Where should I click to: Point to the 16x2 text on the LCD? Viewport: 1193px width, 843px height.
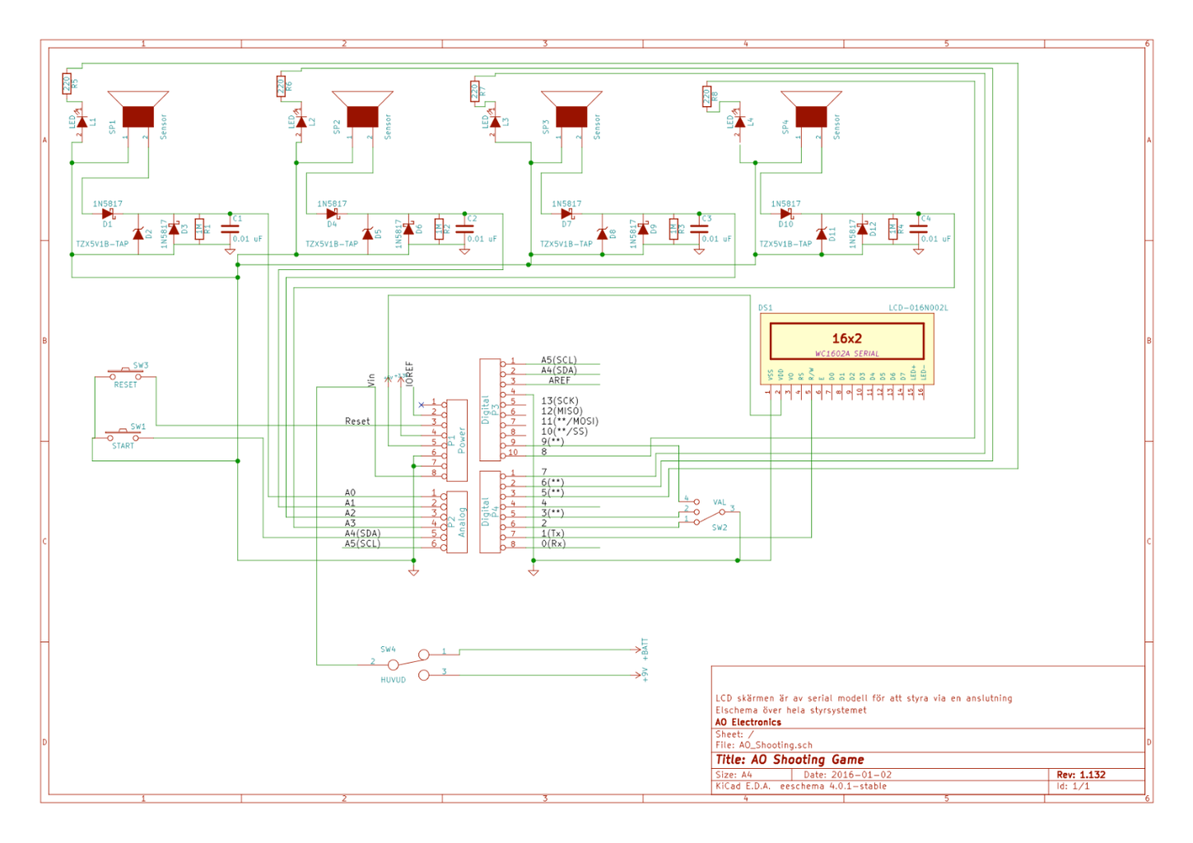tap(846, 338)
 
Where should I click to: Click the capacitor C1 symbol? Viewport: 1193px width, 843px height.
tap(231, 230)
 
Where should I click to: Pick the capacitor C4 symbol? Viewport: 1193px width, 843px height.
tap(918, 230)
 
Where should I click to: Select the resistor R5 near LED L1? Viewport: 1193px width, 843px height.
tap(67, 83)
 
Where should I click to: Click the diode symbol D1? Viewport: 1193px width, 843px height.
tap(108, 214)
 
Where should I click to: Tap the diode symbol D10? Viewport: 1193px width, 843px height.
tap(786, 214)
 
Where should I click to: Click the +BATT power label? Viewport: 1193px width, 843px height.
tap(645, 648)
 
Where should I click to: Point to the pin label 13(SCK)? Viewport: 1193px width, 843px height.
tap(560, 401)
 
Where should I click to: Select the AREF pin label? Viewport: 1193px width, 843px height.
tap(560, 380)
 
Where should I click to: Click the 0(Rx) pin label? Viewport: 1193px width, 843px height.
tap(553, 543)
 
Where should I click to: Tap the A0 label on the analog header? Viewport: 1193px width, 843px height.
tap(350, 492)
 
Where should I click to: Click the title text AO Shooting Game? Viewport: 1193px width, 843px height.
tap(790, 760)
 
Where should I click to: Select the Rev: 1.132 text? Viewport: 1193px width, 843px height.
tap(1081, 775)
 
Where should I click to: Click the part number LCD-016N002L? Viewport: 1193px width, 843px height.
tap(918, 308)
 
